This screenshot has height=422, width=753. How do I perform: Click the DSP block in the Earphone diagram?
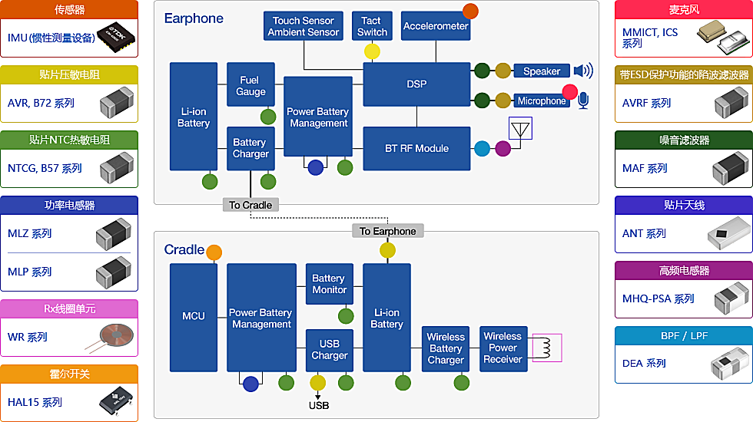coord(416,84)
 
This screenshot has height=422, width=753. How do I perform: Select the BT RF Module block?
coord(416,148)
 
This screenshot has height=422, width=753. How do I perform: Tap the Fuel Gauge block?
coord(251,85)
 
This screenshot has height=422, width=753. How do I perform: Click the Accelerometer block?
coord(436,26)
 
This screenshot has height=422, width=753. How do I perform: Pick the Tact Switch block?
coord(372,26)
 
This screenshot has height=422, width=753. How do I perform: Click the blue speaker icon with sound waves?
coord(583,71)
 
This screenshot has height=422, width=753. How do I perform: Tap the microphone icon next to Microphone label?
coord(583,101)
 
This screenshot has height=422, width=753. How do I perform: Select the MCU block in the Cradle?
coord(194,316)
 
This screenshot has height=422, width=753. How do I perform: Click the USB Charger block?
coord(330,350)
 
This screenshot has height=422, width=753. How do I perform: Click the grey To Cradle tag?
coord(251,205)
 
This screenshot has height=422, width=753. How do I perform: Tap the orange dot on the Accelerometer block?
coord(469,12)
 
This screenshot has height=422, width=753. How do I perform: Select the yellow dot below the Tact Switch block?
coord(372,51)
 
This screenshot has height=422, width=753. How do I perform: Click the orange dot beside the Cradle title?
coord(214,252)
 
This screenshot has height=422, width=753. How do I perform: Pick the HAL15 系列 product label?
coord(35,402)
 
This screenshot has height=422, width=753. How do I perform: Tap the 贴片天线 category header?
coord(684,206)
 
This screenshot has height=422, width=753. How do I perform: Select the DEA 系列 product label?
coord(644,363)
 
